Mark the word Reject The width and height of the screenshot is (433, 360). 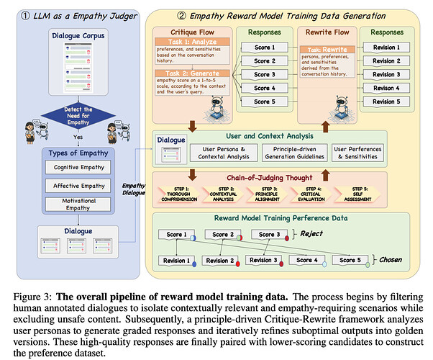point(312,234)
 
